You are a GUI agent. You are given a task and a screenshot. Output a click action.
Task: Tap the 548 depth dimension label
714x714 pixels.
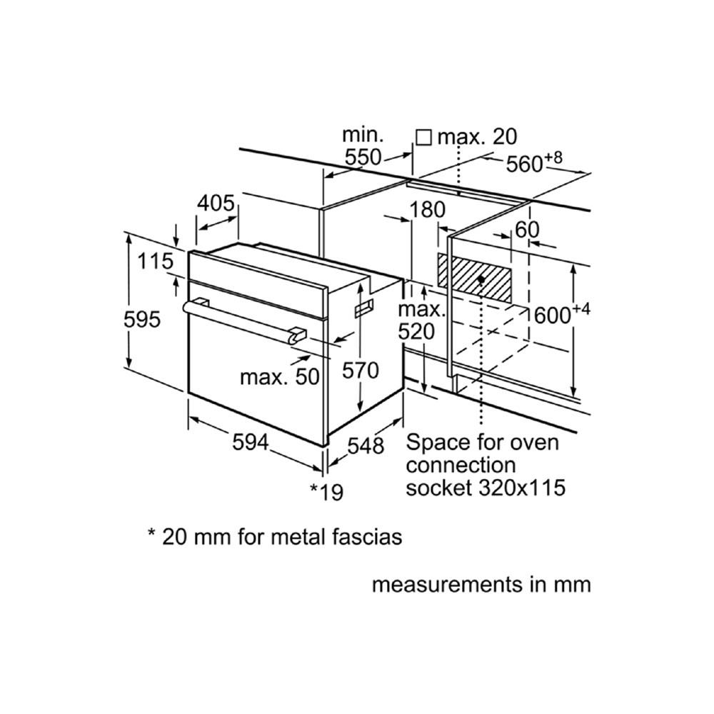click(x=365, y=446)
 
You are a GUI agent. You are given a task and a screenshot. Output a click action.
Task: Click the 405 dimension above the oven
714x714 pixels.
click(x=216, y=204)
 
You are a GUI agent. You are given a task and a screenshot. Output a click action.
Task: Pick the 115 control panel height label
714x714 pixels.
click(x=155, y=262)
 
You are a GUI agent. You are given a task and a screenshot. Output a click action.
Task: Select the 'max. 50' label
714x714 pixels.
click(x=279, y=376)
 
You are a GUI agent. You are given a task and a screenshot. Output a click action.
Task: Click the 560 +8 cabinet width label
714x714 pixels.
click(x=534, y=163)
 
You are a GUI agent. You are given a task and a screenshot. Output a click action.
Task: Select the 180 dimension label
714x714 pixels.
click(x=428, y=210)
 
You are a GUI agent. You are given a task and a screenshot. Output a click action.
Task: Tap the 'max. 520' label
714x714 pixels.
click(x=421, y=321)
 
